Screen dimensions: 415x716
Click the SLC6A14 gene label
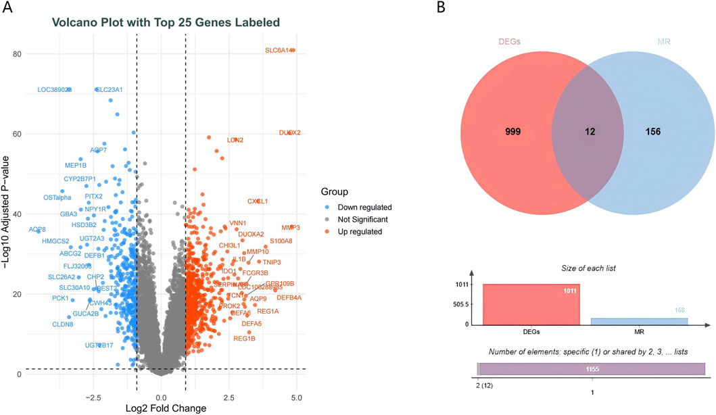[x=278, y=50]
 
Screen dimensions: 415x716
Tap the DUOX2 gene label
[x=289, y=132]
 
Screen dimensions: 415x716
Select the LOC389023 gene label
[x=54, y=90]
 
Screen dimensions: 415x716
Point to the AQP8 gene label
[x=37, y=230]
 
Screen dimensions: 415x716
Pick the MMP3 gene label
[x=290, y=228]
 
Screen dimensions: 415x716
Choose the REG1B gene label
[x=244, y=338]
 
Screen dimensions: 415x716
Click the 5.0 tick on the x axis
[x=295, y=395]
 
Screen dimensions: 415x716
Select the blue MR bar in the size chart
[x=639, y=321]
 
